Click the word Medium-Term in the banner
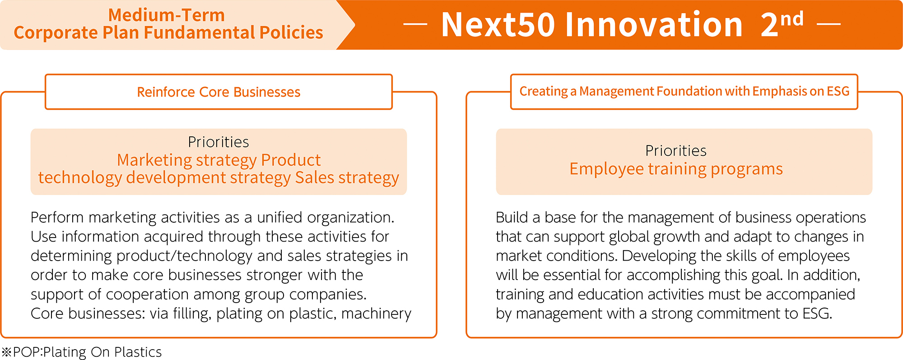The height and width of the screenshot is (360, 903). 167,15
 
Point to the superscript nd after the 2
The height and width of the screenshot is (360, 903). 792,19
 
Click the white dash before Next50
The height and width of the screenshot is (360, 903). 415,24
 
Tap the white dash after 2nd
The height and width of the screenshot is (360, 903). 829,24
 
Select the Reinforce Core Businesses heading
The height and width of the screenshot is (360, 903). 219,92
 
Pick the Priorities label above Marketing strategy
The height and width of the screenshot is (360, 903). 219,142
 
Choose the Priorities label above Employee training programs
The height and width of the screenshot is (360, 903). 676,150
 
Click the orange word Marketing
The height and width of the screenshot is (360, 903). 154,160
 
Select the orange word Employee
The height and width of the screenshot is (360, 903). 606,169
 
